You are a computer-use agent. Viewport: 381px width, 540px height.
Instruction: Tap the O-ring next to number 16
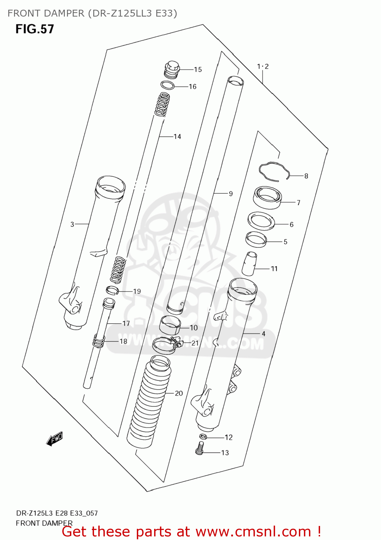click(x=167, y=86)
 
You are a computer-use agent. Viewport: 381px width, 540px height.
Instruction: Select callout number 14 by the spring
click(x=177, y=136)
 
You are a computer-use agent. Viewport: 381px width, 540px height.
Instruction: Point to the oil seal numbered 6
click(x=261, y=221)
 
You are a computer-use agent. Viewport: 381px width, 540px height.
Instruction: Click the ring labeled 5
click(x=256, y=239)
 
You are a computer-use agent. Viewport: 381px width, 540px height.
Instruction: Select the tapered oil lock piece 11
click(x=249, y=264)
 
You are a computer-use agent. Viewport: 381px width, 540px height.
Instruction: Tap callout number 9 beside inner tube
click(x=230, y=194)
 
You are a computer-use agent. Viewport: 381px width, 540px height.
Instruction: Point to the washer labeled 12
click(x=203, y=437)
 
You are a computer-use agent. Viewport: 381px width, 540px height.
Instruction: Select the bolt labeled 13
click(x=200, y=449)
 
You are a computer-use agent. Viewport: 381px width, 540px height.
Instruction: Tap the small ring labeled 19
click(x=112, y=289)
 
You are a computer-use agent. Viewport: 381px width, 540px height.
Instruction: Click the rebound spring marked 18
click(x=99, y=341)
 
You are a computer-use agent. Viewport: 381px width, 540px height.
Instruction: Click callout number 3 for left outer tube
click(x=72, y=224)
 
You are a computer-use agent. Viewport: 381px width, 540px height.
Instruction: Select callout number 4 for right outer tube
click(x=263, y=334)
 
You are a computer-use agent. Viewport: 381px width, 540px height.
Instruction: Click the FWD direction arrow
click(x=55, y=439)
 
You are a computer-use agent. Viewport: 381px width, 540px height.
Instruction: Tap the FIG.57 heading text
click(x=35, y=29)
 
